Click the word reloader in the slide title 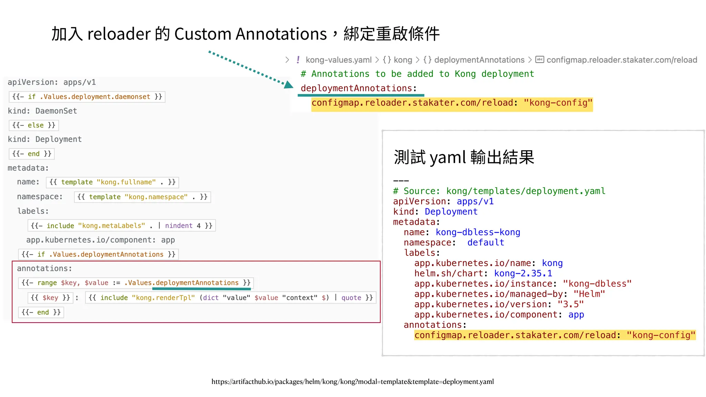coord(119,34)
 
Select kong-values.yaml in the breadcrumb coord(338,60)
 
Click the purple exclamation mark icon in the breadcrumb coord(298,60)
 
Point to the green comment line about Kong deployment coord(417,74)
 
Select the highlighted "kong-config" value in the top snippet coord(558,103)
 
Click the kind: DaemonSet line coord(42,111)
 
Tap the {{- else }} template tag coord(34,125)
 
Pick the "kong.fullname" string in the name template coord(126,182)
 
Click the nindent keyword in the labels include coord(179,226)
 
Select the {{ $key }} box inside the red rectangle coord(50,298)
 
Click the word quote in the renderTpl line coord(351,298)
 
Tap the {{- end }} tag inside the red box coord(41,312)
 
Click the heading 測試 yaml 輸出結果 coord(464,157)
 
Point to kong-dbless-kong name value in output coord(478,232)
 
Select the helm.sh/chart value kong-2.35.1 coord(523,274)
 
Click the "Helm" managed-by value coord(589,294)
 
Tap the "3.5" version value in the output coord(571,305)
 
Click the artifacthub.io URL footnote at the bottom coord(353,381)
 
